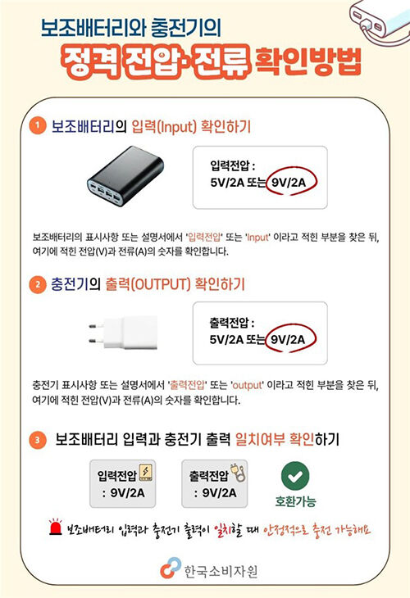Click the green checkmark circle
click(295, 475)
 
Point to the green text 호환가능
click(295, 500)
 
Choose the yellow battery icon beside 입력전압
click(146, 474)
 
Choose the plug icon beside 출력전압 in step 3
click(237, 474)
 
